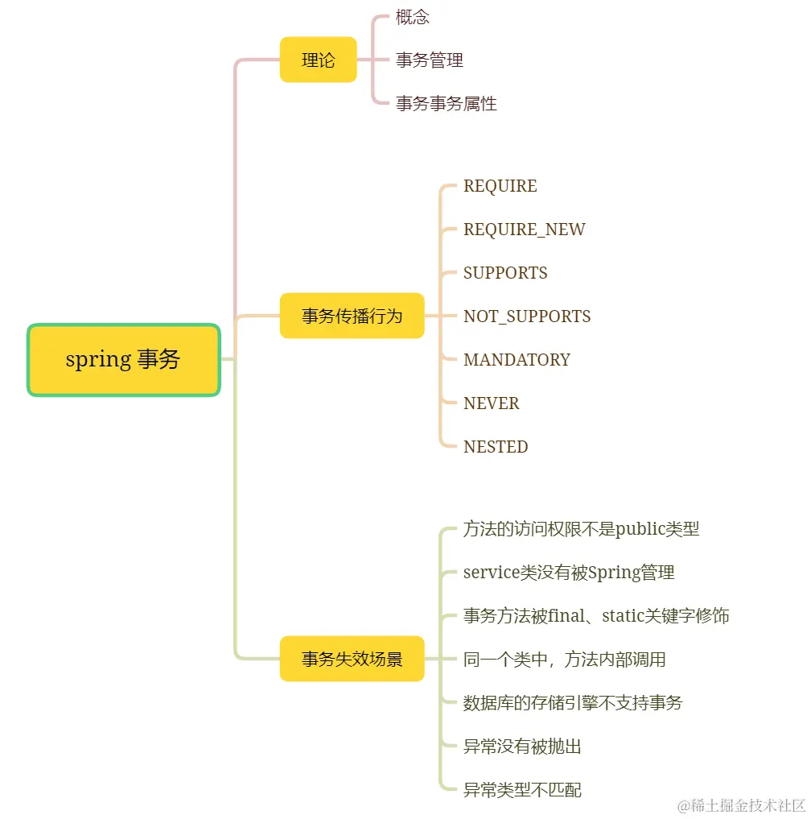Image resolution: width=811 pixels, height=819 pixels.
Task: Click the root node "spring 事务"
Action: [x=123, y=360]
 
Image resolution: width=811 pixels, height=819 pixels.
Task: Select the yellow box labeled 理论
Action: [x=318, y=60]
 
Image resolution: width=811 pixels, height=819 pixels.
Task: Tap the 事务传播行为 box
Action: [x=352, y=316]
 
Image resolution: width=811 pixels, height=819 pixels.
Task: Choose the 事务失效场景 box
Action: [x=352, y=659]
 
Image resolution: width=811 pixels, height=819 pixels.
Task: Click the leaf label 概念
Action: [x=413, y=17]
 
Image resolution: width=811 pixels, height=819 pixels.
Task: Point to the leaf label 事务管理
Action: [x=429, y=60]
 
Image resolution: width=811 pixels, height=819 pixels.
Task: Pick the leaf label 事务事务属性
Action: [x=446, y=104]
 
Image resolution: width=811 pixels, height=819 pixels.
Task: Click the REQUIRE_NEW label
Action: [x=524, y=230]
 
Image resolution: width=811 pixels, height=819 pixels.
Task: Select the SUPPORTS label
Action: [x=505, y=273]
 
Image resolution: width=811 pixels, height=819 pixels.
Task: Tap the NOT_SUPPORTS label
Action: [x=527, y=316]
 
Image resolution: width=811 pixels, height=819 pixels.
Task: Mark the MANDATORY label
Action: [x=517, y=360]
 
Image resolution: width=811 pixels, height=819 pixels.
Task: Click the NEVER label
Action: [x=491, y=403]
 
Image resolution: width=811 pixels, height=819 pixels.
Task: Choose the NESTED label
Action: [x=496, y=447]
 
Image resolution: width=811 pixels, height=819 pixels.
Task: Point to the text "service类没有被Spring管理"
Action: [x=569, y=573]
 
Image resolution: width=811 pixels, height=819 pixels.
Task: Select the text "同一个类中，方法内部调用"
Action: [x=564, y=660]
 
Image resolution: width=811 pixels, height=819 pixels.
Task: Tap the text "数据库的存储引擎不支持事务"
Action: [x=572, y=703]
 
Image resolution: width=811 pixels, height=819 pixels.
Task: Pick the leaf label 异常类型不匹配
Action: [x=522, y=790]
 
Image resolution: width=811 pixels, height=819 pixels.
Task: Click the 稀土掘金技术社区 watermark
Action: [x=741, y=805]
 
